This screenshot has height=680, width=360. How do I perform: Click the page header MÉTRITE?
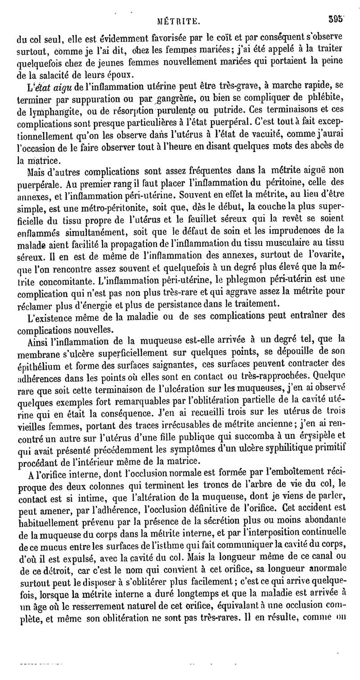179,20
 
